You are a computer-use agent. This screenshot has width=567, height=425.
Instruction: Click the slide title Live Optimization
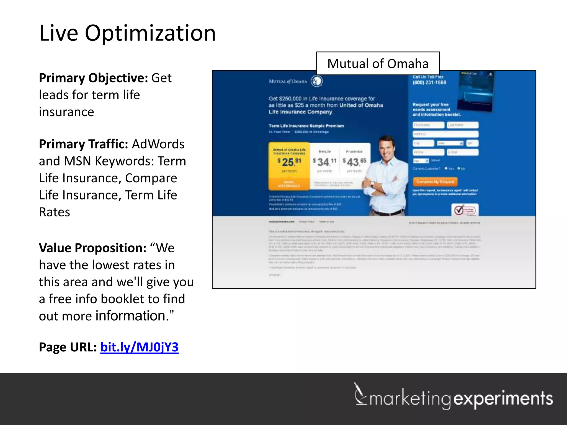click(127, 33)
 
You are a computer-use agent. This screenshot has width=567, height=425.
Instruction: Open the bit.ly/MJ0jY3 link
click(139, 347)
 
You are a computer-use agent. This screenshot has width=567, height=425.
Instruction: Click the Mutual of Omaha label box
click(378, 64)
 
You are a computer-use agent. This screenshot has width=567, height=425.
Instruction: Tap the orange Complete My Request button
click(435, 182)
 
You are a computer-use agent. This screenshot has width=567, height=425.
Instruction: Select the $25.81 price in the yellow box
click(289, 162)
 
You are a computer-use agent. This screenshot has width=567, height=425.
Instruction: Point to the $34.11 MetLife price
click(324, 162)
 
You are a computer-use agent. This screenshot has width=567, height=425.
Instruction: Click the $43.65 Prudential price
click(354, 162)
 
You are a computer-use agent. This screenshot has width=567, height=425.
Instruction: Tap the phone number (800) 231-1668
click(429, 82)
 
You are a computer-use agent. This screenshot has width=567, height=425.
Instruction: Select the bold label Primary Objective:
click(94, 78)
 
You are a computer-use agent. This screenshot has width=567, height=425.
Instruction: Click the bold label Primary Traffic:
click(83, 144)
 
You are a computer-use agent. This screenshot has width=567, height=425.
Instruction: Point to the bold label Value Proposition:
click(92, 248)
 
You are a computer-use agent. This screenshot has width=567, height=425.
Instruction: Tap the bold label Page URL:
click(68, 347)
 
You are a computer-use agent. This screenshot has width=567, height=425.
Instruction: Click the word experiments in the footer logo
click(503, 399)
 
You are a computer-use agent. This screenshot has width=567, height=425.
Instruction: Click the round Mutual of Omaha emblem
click(317, 81)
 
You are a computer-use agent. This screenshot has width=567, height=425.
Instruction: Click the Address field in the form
click(445, 134)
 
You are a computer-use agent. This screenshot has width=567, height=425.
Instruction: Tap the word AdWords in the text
click(158, 144)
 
